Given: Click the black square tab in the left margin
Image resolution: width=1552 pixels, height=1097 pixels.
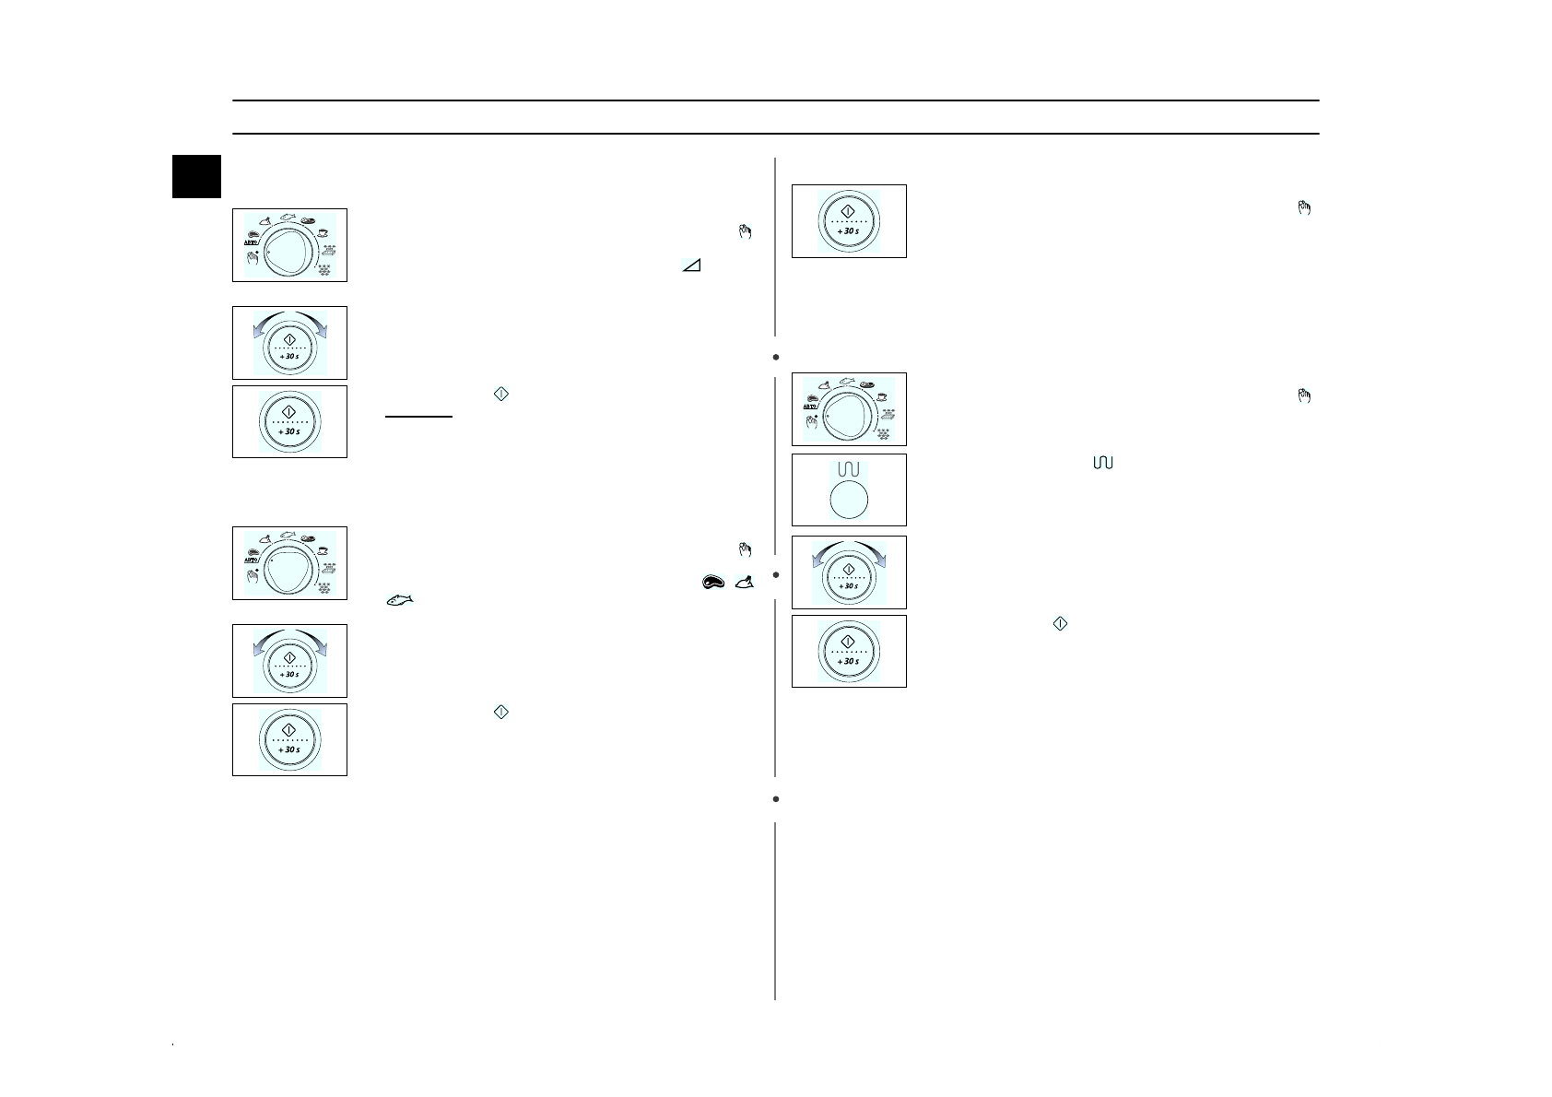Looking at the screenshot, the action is click(196, 176).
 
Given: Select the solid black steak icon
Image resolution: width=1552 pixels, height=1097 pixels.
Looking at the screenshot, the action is click(713, 582).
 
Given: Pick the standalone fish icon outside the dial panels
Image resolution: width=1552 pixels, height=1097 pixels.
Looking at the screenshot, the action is click(399, 599).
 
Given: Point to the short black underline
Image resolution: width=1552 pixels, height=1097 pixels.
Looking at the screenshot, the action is click(418, 417).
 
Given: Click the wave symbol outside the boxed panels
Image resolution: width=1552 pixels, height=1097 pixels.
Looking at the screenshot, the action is click(1102, 462).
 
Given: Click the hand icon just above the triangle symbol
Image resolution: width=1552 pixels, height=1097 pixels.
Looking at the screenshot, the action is click(746, 232).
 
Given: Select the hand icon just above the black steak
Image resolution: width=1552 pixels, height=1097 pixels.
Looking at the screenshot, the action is click(746, 550).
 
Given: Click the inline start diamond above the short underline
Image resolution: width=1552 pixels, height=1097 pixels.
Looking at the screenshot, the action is click(500, 394).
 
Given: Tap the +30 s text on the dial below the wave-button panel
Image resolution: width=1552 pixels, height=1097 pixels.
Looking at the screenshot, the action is click(848, 586).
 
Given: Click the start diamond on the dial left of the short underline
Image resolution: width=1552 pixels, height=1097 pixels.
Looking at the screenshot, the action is click(289, 411).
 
